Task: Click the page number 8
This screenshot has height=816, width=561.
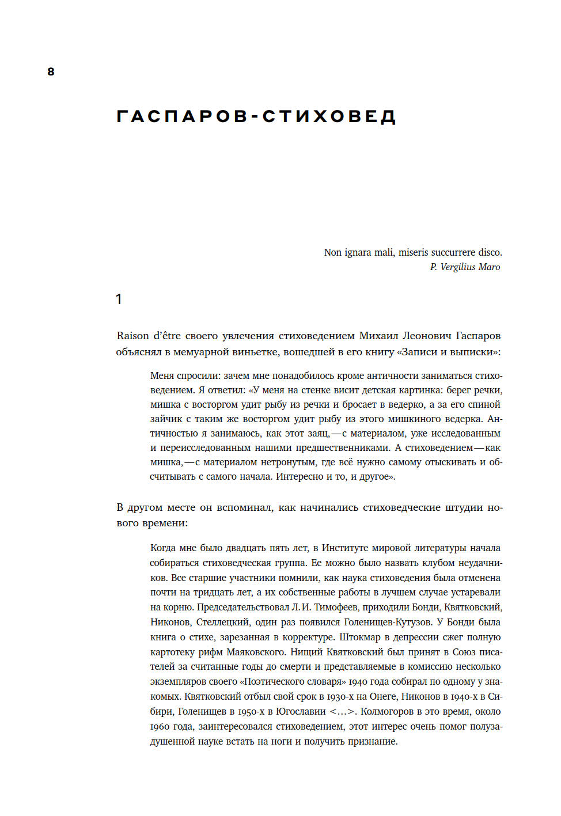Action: pyautogui.click(x=51, y=72)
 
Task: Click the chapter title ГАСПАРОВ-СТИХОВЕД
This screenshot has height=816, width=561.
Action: pyautogui.click(x=256, y=117)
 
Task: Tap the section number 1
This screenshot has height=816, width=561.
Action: pyautogui.click(x=119, y=299)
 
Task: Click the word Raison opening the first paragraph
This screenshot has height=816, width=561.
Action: pyautogui.click(x=132, y=336)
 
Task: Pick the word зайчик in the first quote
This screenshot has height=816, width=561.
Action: pyautogui.click(x=166, y=419)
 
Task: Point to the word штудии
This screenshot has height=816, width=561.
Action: pyautogui.click(x=464, y=508)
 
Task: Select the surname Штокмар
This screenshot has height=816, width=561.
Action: pyautogui.click(x=360, y=637)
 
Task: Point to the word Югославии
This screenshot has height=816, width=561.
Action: pyautogui.click(x=300, y=712)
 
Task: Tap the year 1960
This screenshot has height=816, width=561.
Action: pyautogui.click(x=160, y=727)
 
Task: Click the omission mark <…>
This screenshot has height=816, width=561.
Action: pyautogui.click(x=343, y=712)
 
